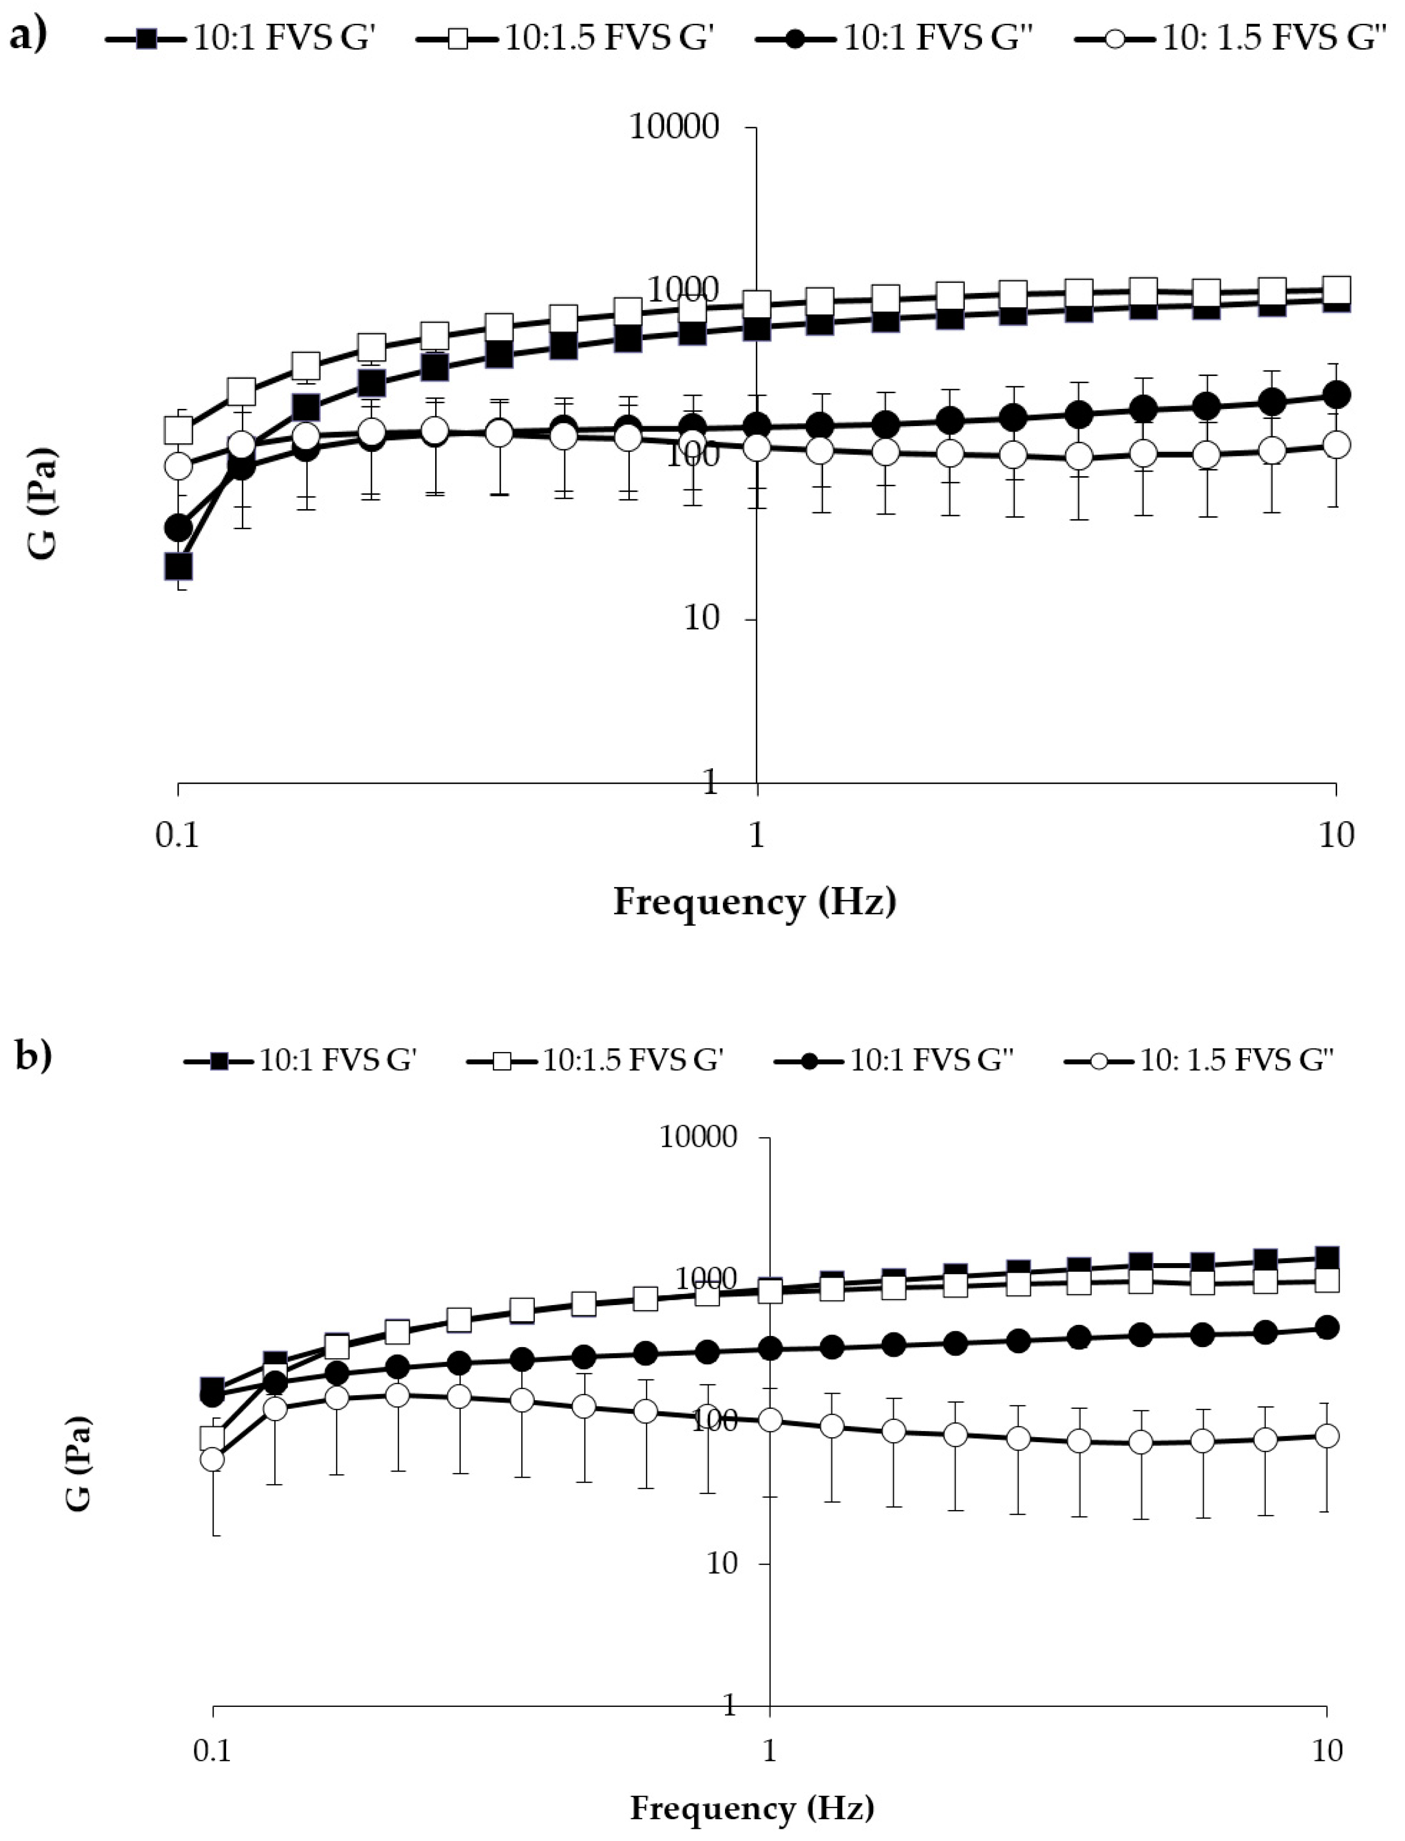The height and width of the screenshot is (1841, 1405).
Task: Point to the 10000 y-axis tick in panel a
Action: click(674, 127)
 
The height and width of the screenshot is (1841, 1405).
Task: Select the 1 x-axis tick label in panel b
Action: click(769, 1750)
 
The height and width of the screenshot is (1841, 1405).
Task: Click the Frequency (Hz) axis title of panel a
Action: click(754, 902)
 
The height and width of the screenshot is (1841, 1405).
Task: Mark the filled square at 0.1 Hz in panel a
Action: click(178, 566)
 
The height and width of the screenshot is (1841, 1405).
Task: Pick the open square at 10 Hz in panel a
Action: click(1336, 289)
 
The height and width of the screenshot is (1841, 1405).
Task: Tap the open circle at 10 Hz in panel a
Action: click(1336, 444)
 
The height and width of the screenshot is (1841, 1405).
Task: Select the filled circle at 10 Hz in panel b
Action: click(1327, 1326)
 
